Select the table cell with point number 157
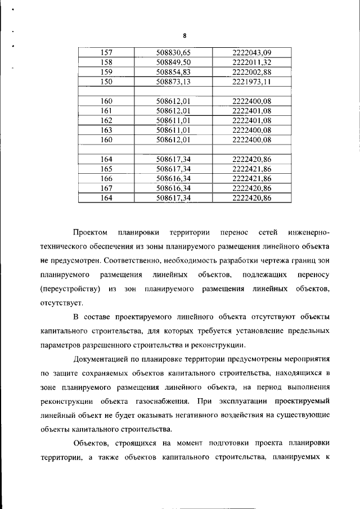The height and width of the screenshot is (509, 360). point(106,53)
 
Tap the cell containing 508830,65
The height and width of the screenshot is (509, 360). point(173,53)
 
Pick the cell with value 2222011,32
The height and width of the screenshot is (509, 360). point(251,62)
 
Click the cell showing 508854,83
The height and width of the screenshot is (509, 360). point(173,72)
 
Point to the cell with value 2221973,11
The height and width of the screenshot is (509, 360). point(251,82)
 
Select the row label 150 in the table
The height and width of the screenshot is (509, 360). point(106,82)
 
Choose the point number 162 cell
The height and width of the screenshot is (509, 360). point(106,120)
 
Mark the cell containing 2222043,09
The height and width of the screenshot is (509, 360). point(251,53)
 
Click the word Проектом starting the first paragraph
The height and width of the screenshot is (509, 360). point(90,232)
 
